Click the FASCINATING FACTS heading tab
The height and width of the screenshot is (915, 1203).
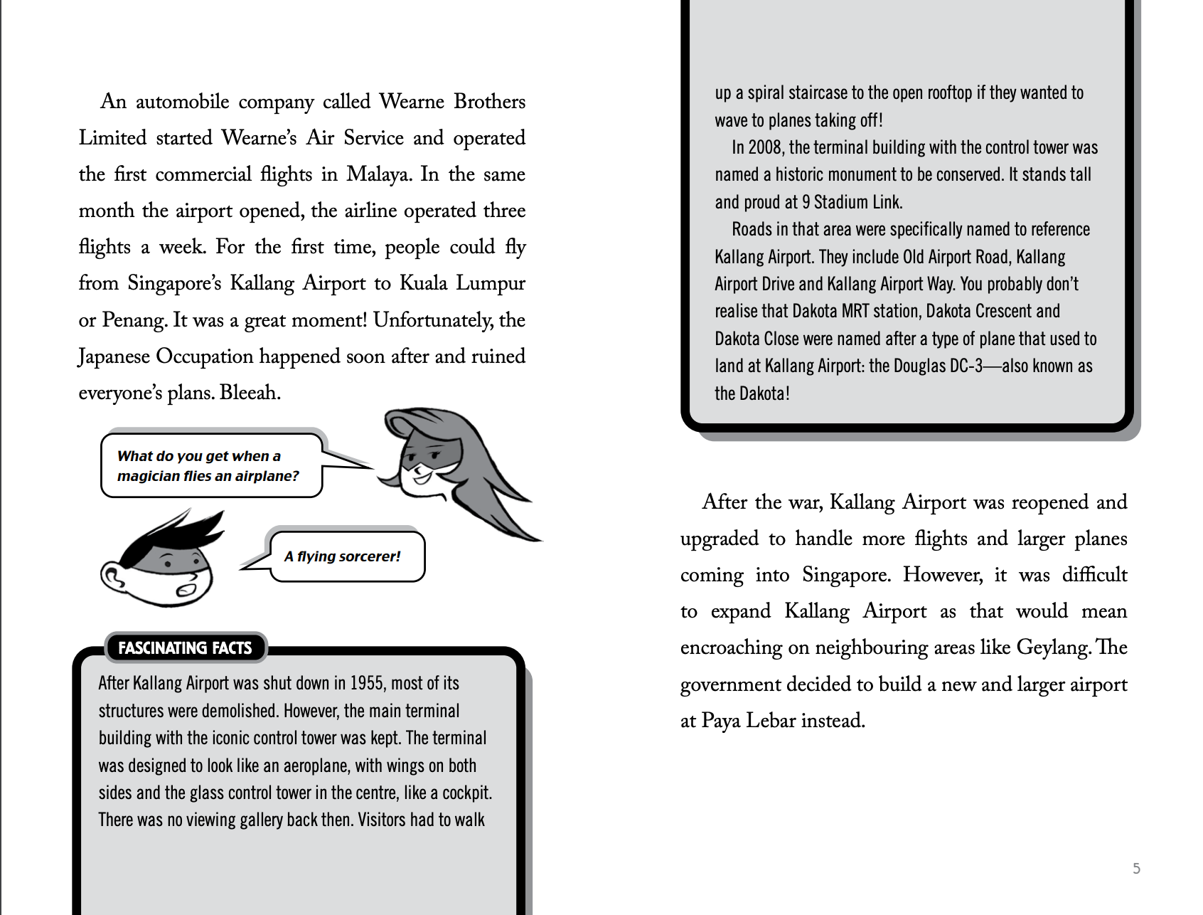(x=185, y=647)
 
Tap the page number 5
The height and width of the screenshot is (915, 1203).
(x=1136, y=868)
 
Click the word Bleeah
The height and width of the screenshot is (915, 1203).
(x=250, y=393)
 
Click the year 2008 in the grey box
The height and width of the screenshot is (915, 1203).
(x=765, y=148)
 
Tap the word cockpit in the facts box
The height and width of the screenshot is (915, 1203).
(x=466, y=793)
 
